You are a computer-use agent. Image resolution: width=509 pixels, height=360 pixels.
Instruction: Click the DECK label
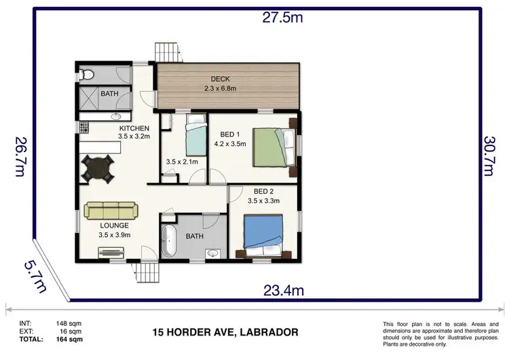[220, 79]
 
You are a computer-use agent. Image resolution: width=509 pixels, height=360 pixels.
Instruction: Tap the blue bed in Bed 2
[263, 235]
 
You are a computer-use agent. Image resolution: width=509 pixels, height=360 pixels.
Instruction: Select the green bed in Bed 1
[274, 147]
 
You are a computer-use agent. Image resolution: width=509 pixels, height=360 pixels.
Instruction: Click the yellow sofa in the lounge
[111, 210]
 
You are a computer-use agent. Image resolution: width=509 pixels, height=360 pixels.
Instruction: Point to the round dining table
[97, 168]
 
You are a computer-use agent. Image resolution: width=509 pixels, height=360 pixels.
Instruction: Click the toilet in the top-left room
[86, 75]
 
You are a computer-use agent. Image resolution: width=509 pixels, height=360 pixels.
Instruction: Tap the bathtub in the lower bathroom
[169, 240]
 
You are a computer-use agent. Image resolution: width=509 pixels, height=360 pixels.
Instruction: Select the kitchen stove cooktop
[84, 128]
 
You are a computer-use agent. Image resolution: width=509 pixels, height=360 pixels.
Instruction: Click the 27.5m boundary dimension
[282, 17]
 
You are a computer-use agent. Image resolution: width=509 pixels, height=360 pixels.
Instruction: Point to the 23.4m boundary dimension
[284, 290]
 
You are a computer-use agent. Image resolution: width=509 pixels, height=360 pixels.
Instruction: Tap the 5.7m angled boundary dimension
[35, 276]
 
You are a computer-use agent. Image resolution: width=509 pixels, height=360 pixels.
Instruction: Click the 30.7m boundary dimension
[489, 156]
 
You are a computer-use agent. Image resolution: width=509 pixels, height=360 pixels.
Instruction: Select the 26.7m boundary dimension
[20, 157]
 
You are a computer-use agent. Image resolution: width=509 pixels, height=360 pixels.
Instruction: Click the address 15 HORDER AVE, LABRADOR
[225, 332]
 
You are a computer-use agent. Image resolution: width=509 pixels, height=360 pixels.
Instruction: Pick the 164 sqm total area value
[69, 339]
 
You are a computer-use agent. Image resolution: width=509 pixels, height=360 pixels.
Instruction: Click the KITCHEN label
[134, 128]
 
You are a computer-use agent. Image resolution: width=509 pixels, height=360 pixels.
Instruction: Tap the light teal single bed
[196, 135]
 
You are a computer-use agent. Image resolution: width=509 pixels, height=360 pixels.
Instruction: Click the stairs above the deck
[168, 52]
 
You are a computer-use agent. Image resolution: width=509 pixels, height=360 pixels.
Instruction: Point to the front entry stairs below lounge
[147, 272]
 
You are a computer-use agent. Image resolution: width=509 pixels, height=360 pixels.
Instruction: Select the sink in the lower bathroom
[213, 253]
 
